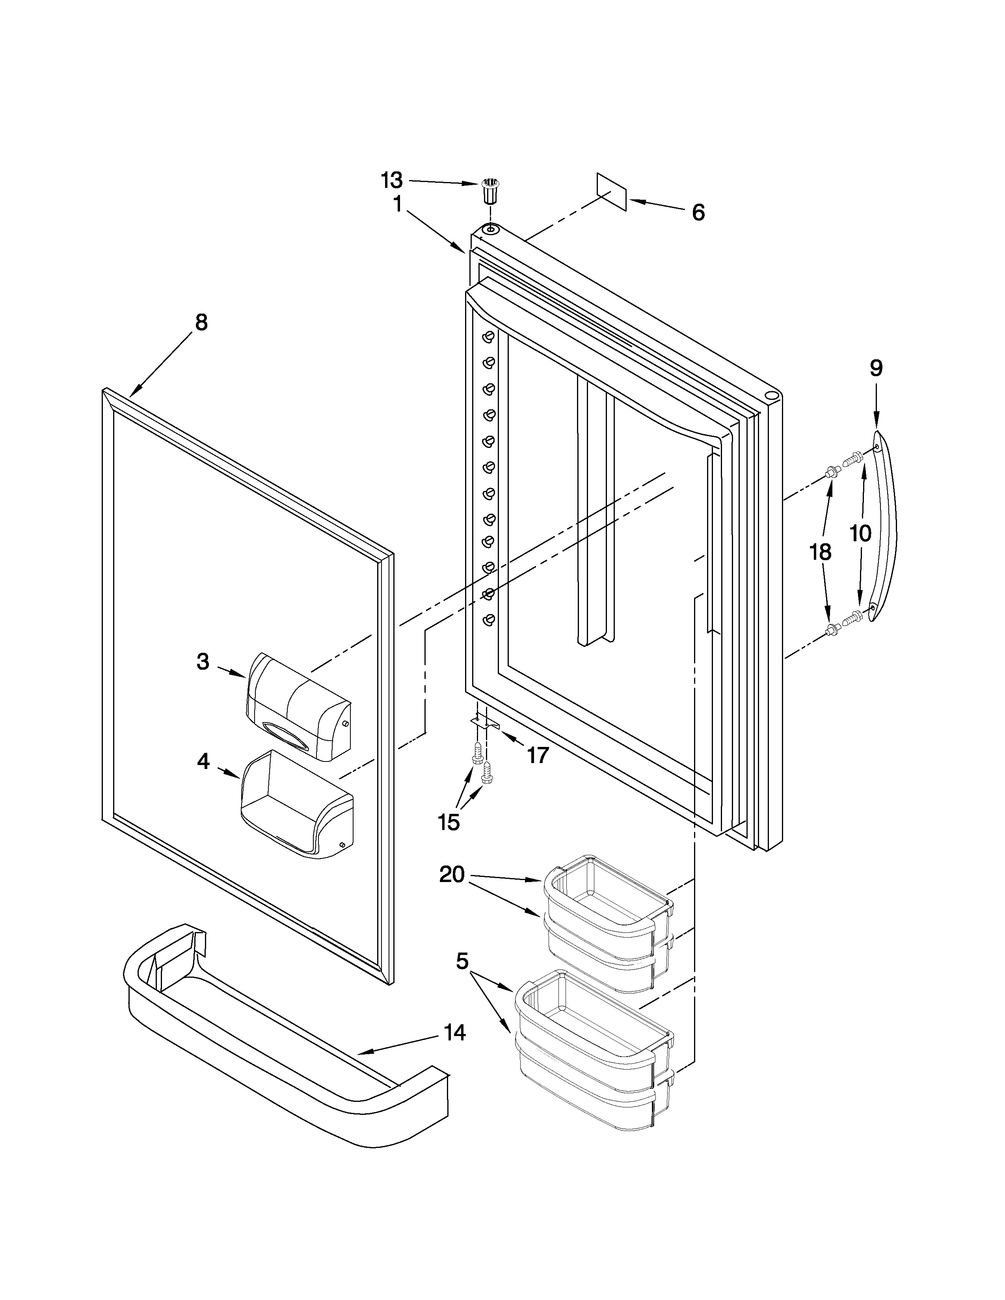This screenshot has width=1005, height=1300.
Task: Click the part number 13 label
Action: tap(392, 179)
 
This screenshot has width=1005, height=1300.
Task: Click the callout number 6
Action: tap(698, 212)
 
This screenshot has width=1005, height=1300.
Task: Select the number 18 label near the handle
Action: tap(821, 552)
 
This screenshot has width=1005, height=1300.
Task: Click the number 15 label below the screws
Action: tap(449, 823)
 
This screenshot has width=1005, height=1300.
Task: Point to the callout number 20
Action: tap(452, 875)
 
